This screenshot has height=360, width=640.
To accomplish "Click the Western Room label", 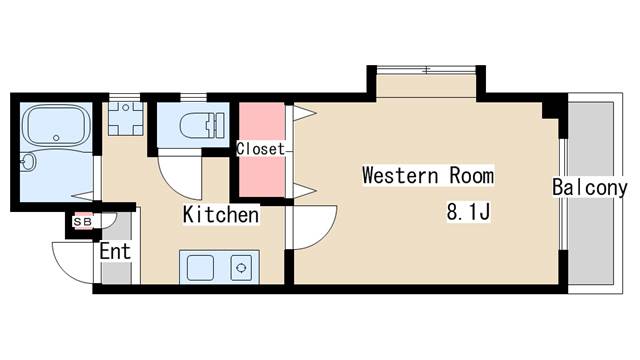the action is [428, 176].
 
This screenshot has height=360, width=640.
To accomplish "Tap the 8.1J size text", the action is [468, 212].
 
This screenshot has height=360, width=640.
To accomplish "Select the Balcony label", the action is [590, 187].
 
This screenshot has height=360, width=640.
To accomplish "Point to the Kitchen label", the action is [221, 215].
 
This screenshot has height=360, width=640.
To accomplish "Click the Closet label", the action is [260, 149].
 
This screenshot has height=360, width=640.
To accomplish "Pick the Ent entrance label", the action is [115, 251].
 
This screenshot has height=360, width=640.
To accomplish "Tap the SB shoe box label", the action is [82, 222].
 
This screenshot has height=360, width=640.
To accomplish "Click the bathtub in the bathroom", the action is [57, 124].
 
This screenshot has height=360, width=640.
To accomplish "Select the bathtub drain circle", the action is [56, 138].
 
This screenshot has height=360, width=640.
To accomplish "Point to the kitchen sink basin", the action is [200, 268].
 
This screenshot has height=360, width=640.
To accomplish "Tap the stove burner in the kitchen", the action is [241, 268].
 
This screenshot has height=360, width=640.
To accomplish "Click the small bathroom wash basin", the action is [28, 162].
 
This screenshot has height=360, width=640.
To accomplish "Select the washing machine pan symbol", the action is [126, 118].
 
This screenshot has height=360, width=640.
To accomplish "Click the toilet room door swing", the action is [180, 174].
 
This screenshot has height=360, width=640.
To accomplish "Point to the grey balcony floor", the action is [591, 193].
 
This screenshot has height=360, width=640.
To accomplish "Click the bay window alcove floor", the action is [426, 86].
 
